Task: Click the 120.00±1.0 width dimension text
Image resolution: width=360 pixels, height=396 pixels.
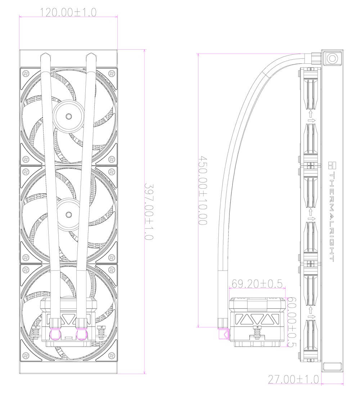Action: tap(68, 12)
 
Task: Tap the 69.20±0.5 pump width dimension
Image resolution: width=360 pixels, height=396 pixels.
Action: tap(257, 284)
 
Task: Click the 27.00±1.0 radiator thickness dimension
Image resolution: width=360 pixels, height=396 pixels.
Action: tap(293, 379)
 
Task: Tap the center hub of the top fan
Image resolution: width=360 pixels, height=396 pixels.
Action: tap(68, 116)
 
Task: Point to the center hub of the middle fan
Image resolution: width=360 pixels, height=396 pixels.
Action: tap(68, 215)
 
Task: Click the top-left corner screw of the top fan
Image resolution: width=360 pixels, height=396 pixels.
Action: tap(26, 73)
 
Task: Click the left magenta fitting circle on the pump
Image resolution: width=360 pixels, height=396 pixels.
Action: tap(57, 335)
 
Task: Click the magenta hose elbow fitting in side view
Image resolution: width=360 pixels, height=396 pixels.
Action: tap(223, 334)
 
